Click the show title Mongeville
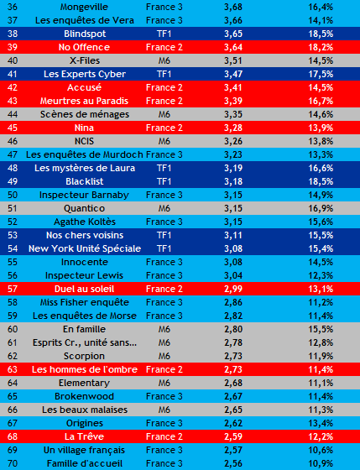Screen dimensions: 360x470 click(84, 7)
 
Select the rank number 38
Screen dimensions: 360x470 click(13, 34)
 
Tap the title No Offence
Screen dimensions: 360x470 click(84, 47)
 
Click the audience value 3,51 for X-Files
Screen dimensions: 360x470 click(233, 60)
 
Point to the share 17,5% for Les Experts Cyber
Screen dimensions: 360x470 click(321, 74)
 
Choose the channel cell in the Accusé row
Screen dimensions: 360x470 click(164, 87)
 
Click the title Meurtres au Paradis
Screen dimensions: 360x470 click(84, 101)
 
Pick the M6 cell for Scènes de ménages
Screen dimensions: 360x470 click(164, 114)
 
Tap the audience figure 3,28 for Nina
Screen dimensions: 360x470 click(233, 128)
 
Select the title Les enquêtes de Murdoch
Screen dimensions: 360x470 click(84, 154)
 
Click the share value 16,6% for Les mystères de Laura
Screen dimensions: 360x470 click(321, 168)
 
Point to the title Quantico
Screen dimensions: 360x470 click(84, 208)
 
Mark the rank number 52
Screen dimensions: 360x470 click(13, 222)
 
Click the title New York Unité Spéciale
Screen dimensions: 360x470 click(85, 248)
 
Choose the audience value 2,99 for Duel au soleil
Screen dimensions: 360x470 click(233, 289)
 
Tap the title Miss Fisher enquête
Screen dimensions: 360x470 click(84, 302)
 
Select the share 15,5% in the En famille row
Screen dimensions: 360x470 click(321, 329)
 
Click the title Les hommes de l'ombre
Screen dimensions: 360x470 click(85, 369)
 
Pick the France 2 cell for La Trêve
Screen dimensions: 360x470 click(164, 436)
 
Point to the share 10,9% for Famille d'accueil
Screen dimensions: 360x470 click(321, 463)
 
